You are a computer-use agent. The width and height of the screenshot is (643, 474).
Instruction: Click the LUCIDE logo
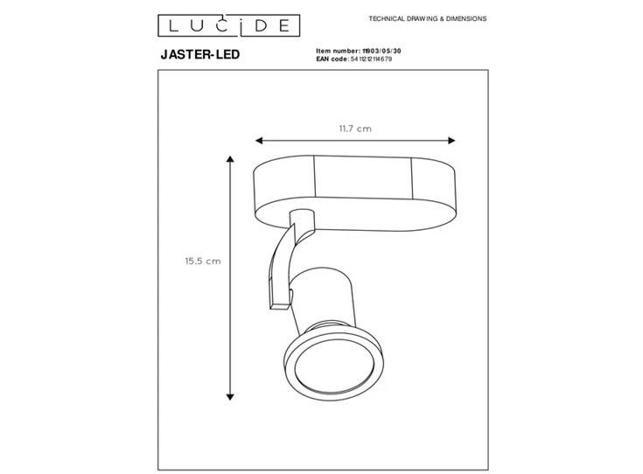point(224,23)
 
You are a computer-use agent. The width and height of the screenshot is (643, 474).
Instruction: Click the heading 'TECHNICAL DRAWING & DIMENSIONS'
point(428,18)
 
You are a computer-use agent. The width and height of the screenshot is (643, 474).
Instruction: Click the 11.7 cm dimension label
point(355,129)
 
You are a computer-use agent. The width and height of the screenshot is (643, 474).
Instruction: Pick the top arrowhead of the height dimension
point(230,161)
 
